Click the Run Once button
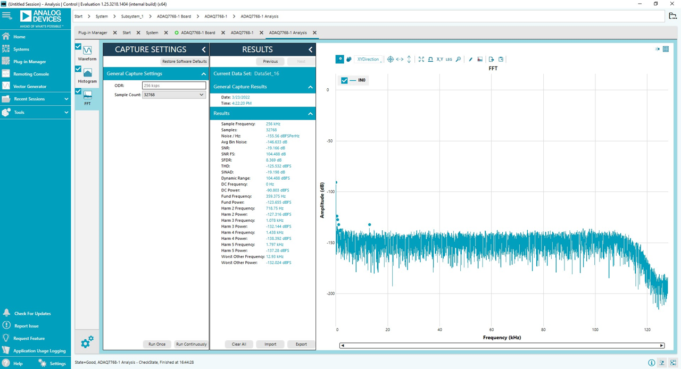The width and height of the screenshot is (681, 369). point(156,344)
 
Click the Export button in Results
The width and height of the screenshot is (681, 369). point(301,344)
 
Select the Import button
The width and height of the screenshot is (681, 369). point(270,344)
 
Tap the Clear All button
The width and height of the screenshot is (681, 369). point(239,344)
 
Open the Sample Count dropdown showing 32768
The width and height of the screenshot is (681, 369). point(173,95)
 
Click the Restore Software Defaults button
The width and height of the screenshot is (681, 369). point(184,61)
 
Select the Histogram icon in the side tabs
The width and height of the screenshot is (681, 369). point(87,73)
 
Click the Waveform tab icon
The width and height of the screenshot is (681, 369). point(87,51)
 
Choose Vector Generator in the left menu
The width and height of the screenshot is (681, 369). point(29,86)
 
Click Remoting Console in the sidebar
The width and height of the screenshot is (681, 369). point(31,74)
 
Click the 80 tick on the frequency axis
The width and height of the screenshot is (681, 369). point(543,330)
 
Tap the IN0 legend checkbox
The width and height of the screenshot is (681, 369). point(344,80)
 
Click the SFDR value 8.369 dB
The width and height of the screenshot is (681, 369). point(273,160)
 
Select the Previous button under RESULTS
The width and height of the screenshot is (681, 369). point(270,61)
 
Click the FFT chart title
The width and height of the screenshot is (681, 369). point(493,69)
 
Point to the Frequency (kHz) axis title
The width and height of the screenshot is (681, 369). point(502,338)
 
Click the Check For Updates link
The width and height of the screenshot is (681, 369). point(32,314)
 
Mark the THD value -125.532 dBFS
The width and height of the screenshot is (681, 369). point(278,166)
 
